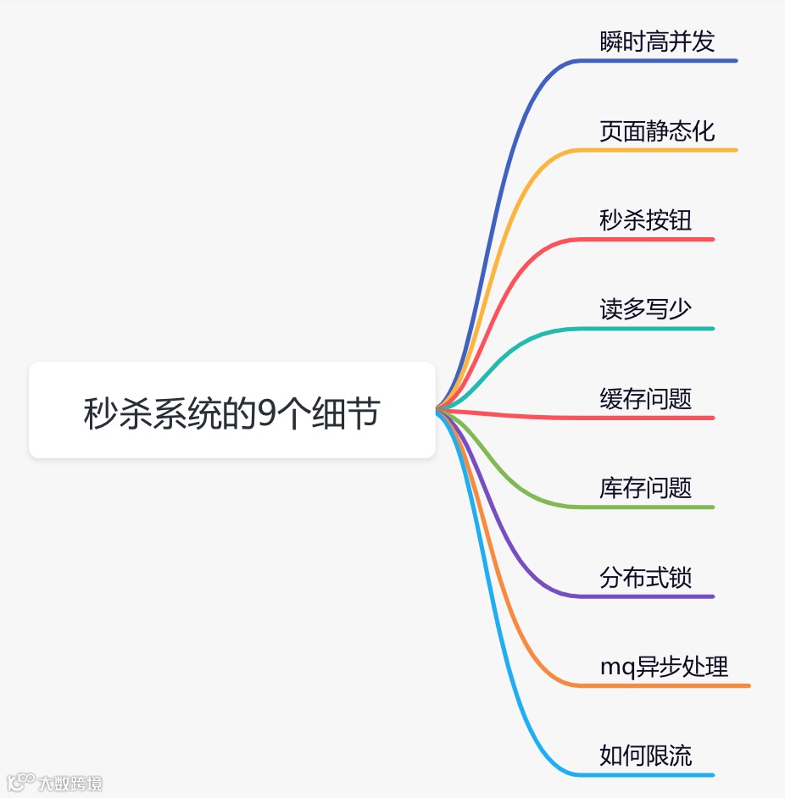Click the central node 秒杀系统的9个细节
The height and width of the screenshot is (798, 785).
pyautogui.click(x=231, y=411)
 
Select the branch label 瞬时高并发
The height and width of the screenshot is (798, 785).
pyautogui.click(x=657, y=42)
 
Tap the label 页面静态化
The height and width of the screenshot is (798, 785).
pyautogui.click(x=657, y=130)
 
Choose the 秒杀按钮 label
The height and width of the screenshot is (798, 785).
pyautogui.click(x=645, y=220)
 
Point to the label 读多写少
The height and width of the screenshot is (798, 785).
pyautogui.click(x=645, y=309)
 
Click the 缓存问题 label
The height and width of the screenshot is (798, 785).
pyautogui.click(x=645, y=398)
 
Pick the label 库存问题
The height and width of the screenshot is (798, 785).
pyautogui.click(x=645, y=488)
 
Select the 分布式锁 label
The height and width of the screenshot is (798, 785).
pyautogui.click(x=645, y=577)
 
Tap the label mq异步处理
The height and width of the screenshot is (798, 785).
pyautogui.click(x=664, y=667)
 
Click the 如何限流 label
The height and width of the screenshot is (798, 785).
pyautogui.click(x=645, y=756)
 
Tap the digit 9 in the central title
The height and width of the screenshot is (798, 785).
pyautogui.click(x=268, y=413)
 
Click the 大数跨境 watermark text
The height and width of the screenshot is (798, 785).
pyautogui.click(x=70, y=784)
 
